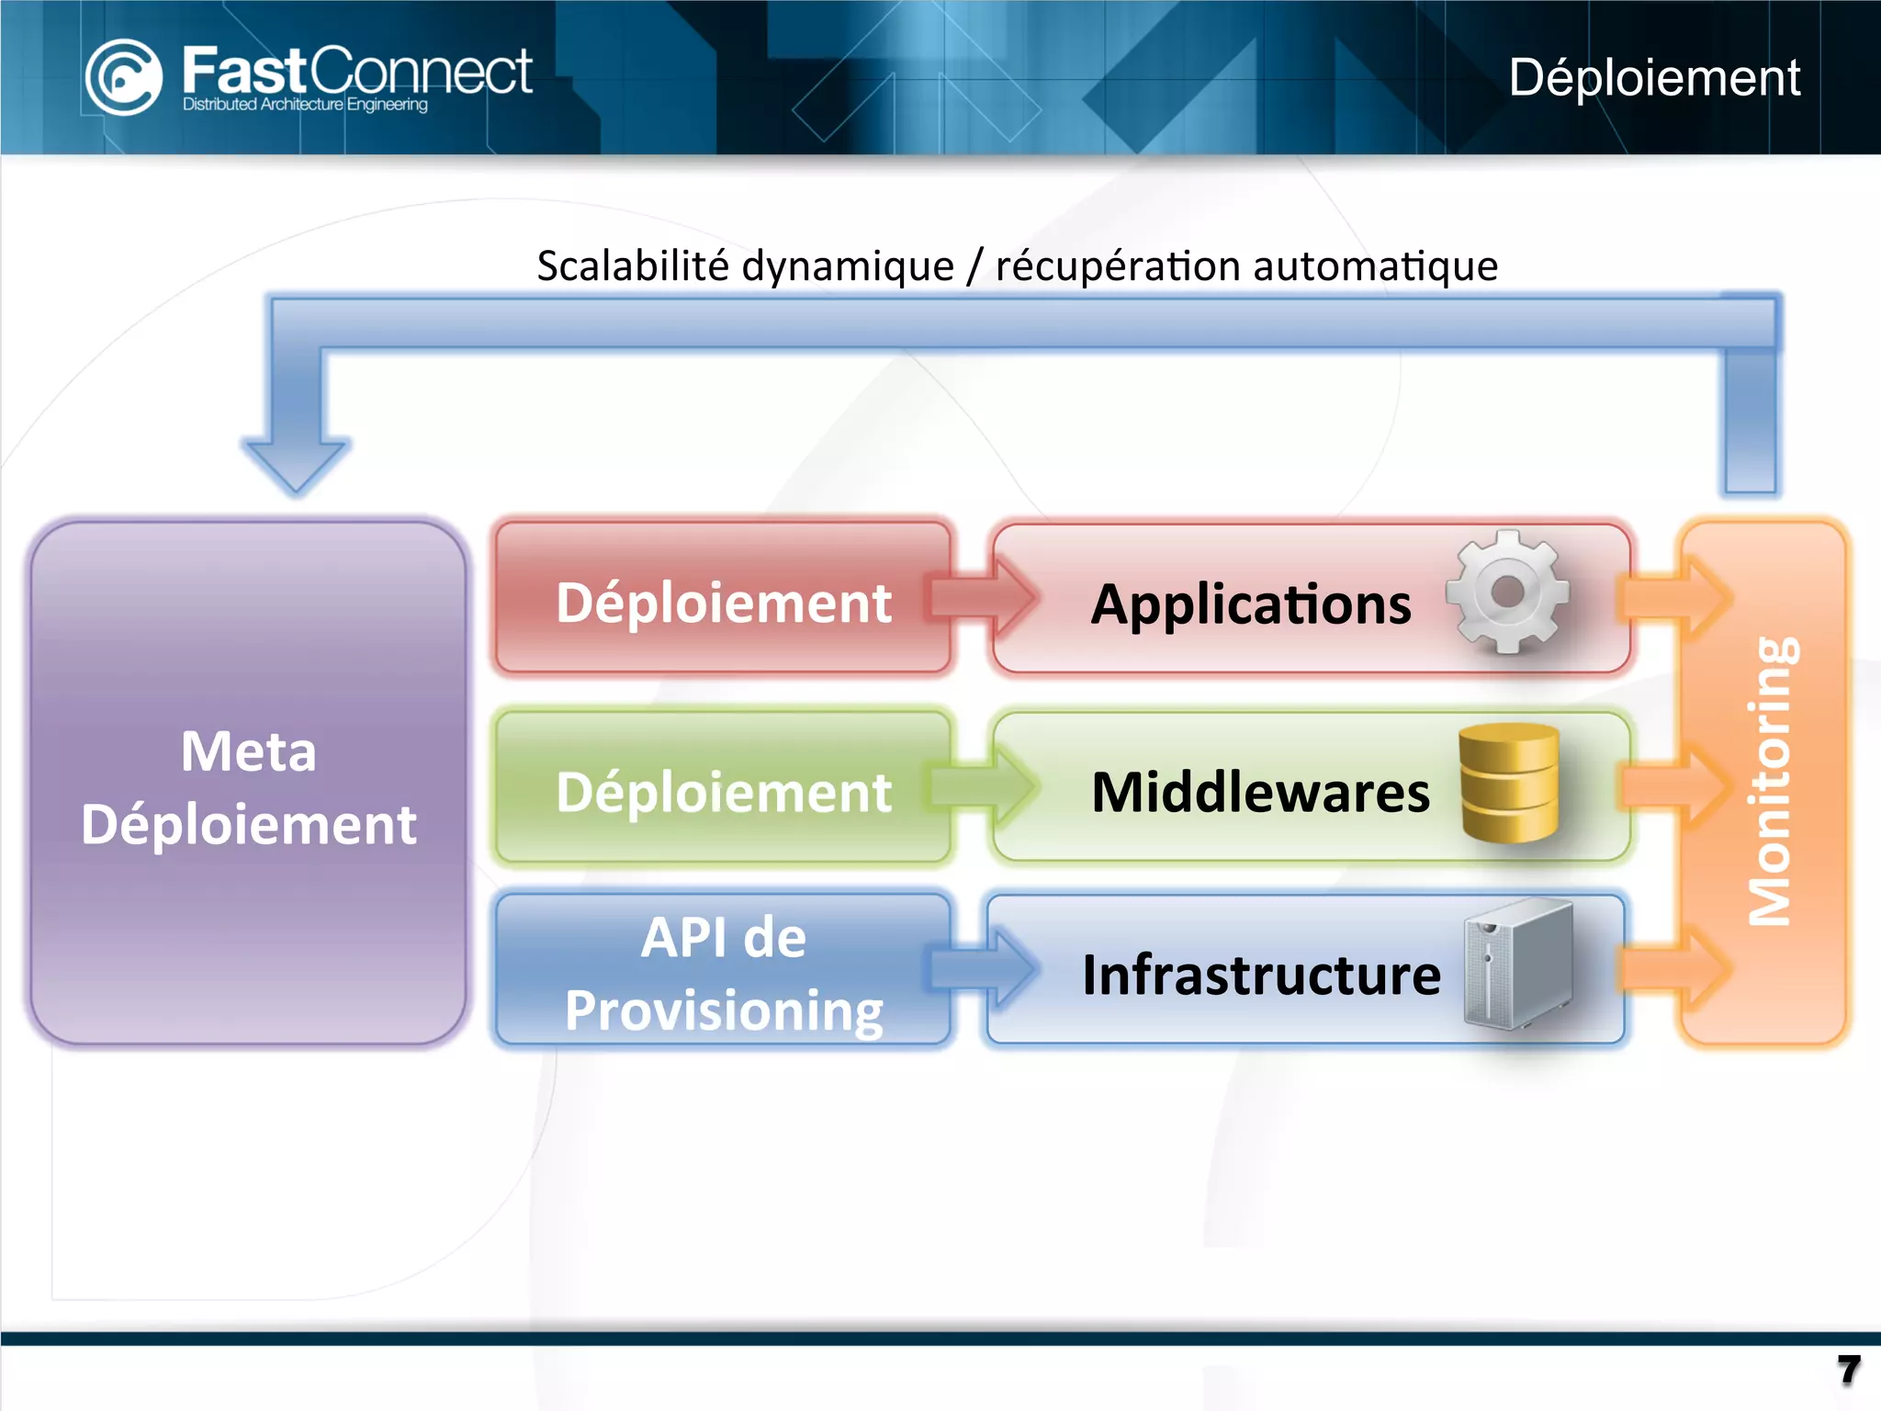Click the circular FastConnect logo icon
(123, 77)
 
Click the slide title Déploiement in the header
(1653, 77)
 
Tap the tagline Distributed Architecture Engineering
(305, 105)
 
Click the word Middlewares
(1260, 792)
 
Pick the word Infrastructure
(1260, 976)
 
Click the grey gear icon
(1507, 593)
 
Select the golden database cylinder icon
(1509, 783)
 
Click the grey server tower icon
(1517, 965)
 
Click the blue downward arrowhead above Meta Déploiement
(296, 464)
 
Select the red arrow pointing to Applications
(983, 597)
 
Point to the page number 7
(1848, 1371)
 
